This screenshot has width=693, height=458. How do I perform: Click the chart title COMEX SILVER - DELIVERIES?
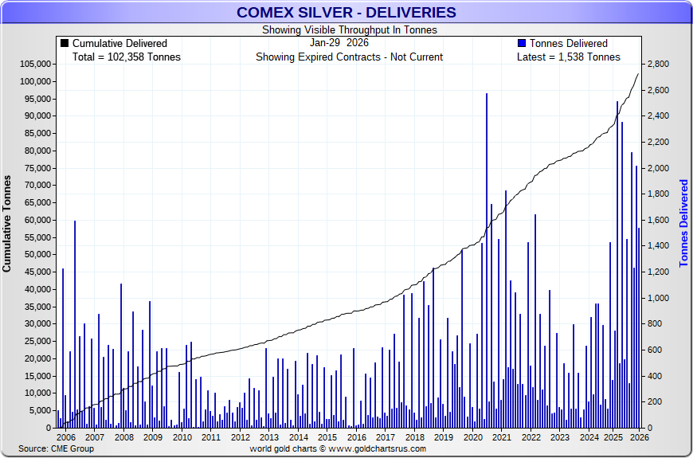point(346,12)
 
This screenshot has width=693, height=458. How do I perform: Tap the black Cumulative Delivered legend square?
point(65,43)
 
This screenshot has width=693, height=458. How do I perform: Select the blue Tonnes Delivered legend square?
point(522,43)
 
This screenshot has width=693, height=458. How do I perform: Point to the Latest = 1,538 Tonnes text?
point(568,57)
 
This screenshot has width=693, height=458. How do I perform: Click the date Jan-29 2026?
point(339,43)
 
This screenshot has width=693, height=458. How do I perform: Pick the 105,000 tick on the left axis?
point(35,65)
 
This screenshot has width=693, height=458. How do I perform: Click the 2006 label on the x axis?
point(66,437)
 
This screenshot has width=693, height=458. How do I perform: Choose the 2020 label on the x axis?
point(472,437)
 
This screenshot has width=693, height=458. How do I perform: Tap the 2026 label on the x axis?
point(638,437)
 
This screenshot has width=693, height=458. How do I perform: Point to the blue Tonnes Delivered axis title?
point(683,223)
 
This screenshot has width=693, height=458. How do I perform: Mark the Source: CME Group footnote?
point(56,449)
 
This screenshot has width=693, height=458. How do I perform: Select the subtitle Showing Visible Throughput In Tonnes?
point(349,30)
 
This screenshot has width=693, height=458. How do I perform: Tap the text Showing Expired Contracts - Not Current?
point(349,57)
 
